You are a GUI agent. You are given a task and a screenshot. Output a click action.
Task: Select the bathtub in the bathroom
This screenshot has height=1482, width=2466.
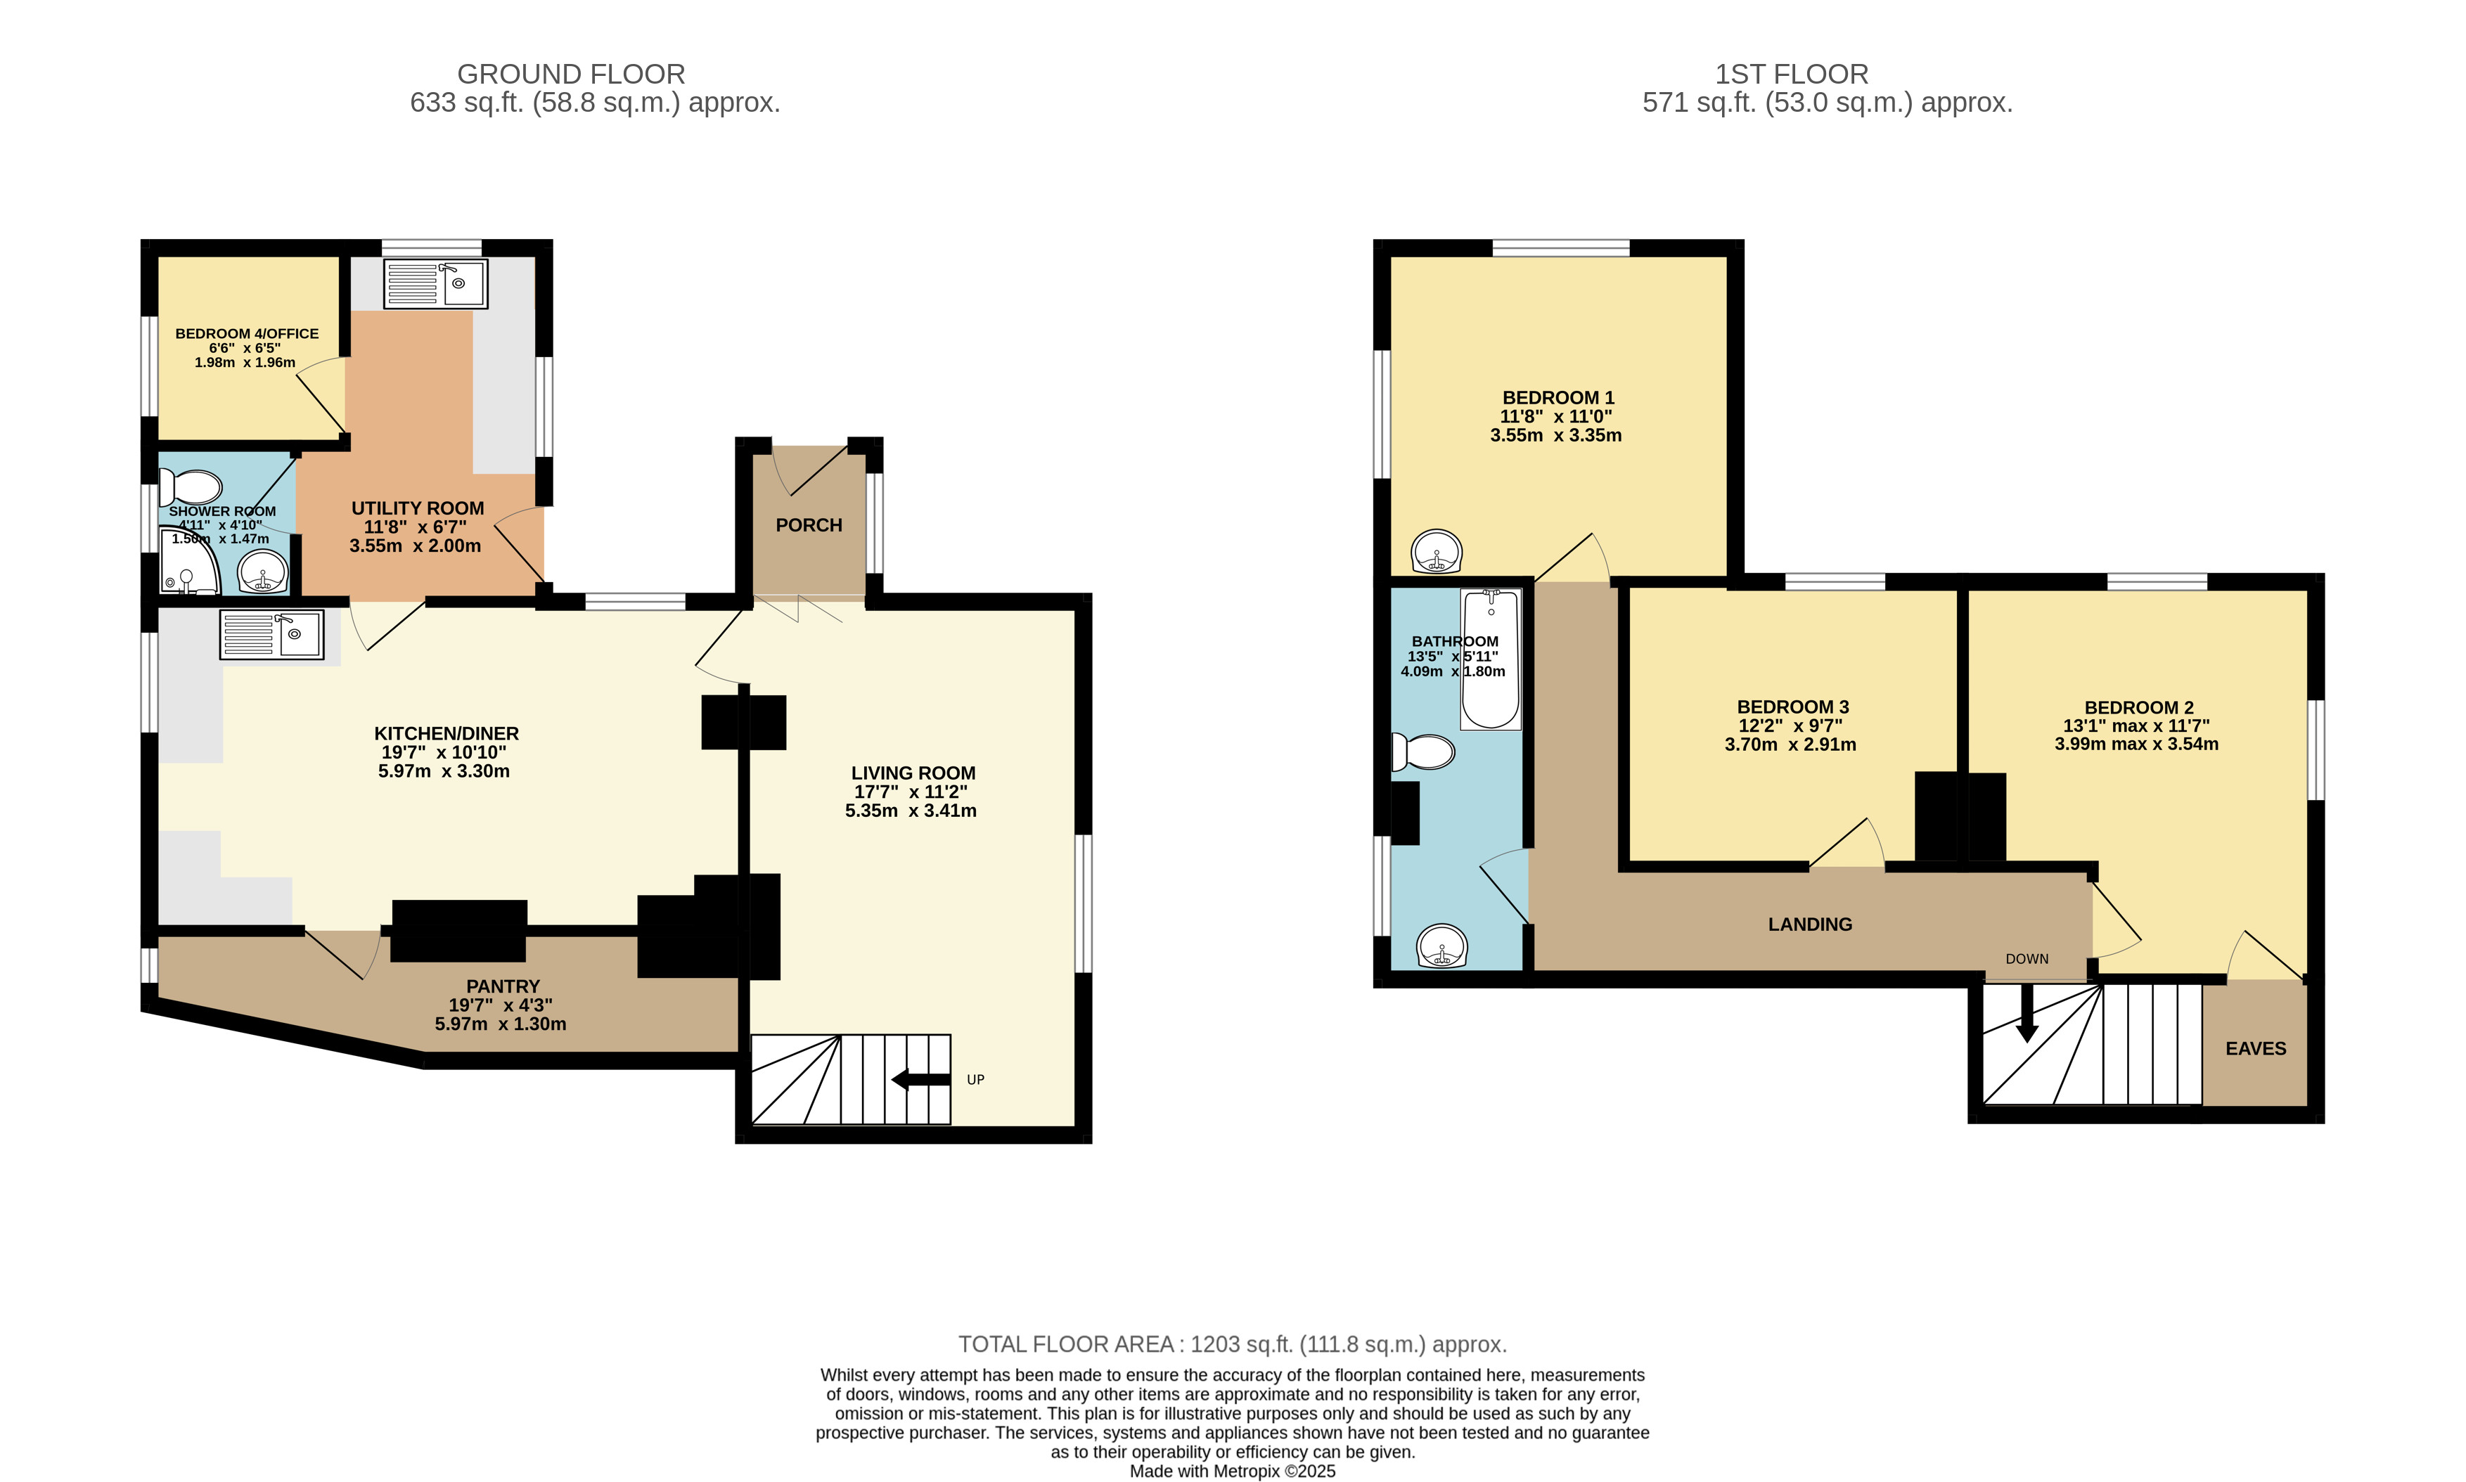pyautogui.click(x=1490, y=659)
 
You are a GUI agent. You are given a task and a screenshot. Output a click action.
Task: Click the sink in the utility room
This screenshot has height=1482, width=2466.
pyautogui.click(x=435, y=283)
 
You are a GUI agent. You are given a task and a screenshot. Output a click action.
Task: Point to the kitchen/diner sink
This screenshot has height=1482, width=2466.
pyautogui.click(x=271, y=634)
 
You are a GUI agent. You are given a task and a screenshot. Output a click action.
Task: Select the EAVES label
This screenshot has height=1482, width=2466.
pyautogui.click(x=2255, y=1049)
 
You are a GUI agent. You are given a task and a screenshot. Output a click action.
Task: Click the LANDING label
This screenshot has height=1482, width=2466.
pyautogui.click(x=1810, y=924)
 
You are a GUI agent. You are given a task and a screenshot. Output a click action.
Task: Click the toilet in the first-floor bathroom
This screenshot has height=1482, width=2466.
pyautogui.click(x=1423, y=751)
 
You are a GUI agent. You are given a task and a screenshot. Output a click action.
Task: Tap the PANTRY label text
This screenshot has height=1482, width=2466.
pyautogui.click(x=502, y=986)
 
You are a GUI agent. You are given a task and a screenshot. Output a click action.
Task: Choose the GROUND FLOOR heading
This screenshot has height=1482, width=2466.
pyautogui.click(x=571, y=74)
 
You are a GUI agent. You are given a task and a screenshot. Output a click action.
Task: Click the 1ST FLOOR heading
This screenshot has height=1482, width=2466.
pyautogui.click(x=1792, y=74)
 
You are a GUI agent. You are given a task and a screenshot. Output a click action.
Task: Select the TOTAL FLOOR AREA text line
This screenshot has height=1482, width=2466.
pyautogui.click(x=1233, y=1344)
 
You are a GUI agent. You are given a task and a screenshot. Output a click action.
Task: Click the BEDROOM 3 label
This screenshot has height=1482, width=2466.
pyautogui.click(x=1793, y=707)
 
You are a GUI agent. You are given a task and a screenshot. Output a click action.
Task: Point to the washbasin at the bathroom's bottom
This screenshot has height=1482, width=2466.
pyautogui.click(x=1442, y=946)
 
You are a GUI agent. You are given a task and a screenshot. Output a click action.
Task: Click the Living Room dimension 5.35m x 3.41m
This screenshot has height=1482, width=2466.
pyautogui.click(x=911, y=811)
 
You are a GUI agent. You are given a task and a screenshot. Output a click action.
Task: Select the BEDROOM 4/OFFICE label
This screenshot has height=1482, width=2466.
pyautogui.click(x=247, y=333)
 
